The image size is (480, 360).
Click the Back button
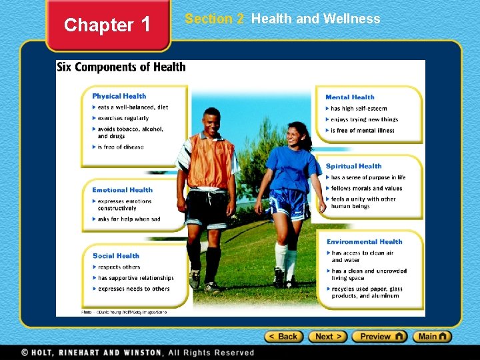coord(285,337)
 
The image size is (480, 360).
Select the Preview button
coord(379,337)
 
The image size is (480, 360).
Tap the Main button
coord(432,337)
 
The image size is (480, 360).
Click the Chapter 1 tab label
coord(107,25)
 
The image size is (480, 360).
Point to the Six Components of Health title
coord(121,67)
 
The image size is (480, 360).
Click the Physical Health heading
coord(119,96)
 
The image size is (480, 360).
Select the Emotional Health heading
coord(122,190)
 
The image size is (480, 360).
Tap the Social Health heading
coord(116,256)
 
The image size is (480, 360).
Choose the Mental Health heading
coord(350,97)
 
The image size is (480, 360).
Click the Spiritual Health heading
coord(353,166)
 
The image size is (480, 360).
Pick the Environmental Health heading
coord(365,242)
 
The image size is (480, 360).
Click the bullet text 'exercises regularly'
coord(123,118)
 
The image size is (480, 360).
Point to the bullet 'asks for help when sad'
coord(129,219)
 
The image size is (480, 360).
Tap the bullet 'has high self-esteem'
coord(359,109)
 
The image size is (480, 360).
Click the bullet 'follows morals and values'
coord(366,189)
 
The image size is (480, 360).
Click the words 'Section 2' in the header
coord(214,19)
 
